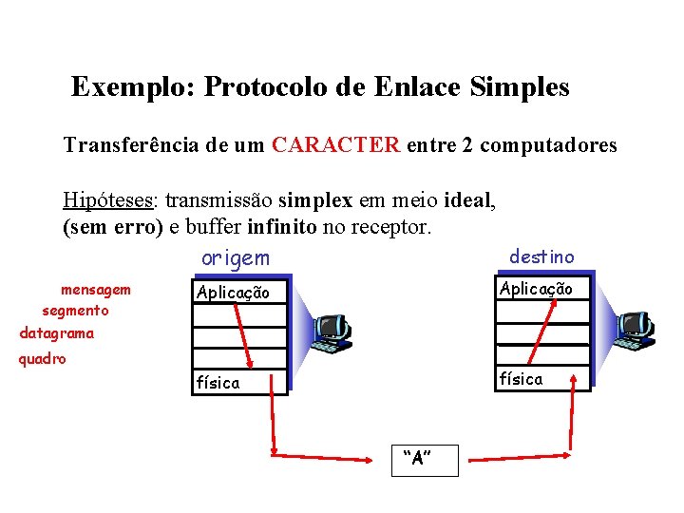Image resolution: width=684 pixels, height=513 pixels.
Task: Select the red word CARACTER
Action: click(335, 145)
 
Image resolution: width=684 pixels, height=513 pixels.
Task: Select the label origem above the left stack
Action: click(235, 258)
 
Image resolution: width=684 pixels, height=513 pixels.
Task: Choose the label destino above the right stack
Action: click(541, 256)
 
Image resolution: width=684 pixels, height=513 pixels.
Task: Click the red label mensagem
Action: click(95, 289)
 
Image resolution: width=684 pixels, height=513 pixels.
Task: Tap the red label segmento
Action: click(75, 311)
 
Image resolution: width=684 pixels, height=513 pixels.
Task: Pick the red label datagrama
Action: click(57, 333)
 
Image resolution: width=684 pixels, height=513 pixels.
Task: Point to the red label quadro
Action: click(43, 360)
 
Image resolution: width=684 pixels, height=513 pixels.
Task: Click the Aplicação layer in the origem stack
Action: click(233, 293)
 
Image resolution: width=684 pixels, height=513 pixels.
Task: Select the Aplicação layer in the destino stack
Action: click(536, 289)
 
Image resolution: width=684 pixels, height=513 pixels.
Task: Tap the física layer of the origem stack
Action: click(218, 383)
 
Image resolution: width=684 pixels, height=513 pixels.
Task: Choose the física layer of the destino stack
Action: click(521, 379)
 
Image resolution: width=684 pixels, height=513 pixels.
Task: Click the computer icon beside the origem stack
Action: click(332, 332)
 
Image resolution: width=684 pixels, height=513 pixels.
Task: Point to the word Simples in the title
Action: click(519, 88)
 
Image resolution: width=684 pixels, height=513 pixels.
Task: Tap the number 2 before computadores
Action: click(467, 145)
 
